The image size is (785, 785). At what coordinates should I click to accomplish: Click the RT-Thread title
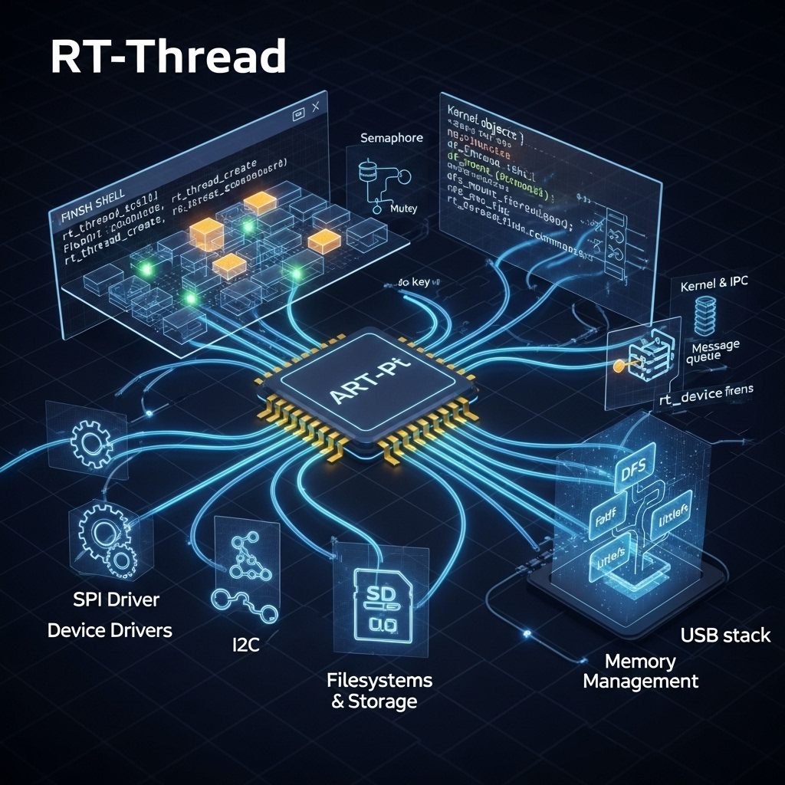[x=168, y=57]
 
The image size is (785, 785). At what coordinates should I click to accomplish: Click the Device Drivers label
[x=110, y=630]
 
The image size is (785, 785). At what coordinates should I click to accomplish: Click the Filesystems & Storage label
[x=379, y=690]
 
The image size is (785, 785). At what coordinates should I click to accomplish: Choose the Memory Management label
[x=640, y=671]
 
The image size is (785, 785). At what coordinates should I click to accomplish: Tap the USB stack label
[x=725, y=636]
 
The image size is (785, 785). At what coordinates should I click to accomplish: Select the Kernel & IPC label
[x=714, y=286]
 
